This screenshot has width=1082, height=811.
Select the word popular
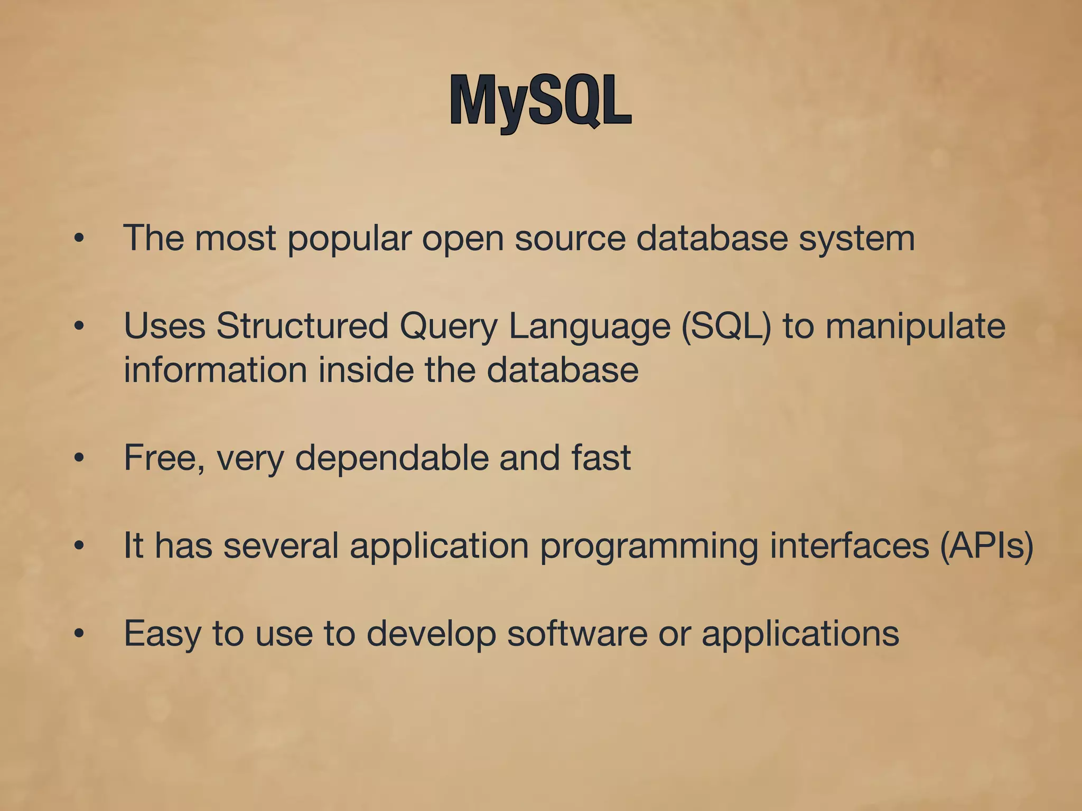349,239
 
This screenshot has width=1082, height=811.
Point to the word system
856,239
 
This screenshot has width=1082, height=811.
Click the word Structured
302,326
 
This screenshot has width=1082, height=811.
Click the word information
215,370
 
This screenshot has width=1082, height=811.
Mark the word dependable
391,458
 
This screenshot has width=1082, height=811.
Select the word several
281,545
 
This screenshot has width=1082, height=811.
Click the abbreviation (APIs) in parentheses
986,545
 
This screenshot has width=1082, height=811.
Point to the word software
577,634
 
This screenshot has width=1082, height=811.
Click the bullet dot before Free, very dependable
79,458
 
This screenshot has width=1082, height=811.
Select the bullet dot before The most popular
79,239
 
